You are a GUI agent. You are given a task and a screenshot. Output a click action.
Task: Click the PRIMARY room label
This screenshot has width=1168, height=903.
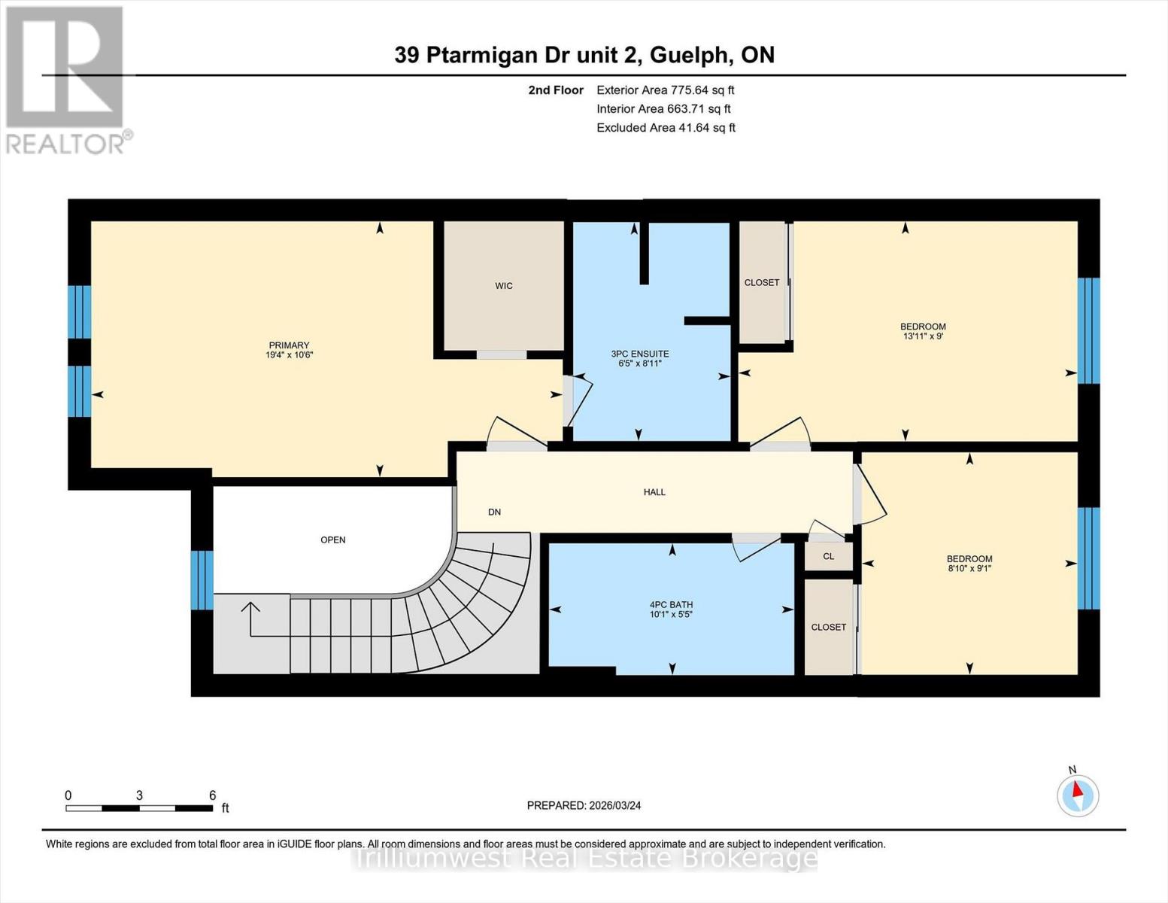(289, 345)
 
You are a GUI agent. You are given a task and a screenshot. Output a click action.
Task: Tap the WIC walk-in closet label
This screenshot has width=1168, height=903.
(503, 286)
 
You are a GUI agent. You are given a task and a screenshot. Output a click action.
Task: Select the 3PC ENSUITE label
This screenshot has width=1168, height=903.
(639, 354)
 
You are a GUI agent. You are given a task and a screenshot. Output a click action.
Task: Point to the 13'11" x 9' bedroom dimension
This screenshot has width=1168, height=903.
(923, 336)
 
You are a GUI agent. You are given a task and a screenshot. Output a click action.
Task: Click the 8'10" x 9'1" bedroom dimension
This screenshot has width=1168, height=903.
(969, 569)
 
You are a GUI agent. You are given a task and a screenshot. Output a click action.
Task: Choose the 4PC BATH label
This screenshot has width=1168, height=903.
(671, 604)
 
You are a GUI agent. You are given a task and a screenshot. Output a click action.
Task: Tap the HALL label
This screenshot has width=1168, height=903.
(654, 492)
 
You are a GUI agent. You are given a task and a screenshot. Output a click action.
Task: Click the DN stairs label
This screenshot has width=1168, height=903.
(494, 512)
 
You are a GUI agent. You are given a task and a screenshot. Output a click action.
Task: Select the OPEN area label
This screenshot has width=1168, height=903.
(332, 540)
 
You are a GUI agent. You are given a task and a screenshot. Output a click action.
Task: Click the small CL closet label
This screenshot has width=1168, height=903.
(828, 557)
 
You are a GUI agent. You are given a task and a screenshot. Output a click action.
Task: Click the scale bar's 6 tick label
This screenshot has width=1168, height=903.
(213, 795)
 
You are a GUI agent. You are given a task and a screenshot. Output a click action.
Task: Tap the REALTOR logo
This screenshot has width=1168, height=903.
(65, 79)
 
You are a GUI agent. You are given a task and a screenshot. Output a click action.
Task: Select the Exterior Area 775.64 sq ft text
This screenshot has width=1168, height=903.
(665, 90)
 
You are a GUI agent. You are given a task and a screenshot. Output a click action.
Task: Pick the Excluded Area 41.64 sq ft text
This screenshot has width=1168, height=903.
(666, 128)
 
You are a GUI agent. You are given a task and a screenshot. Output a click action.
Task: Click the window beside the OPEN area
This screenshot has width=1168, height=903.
(202, 579)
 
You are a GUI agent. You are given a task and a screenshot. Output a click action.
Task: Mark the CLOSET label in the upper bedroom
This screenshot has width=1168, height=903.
(761, 283)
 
